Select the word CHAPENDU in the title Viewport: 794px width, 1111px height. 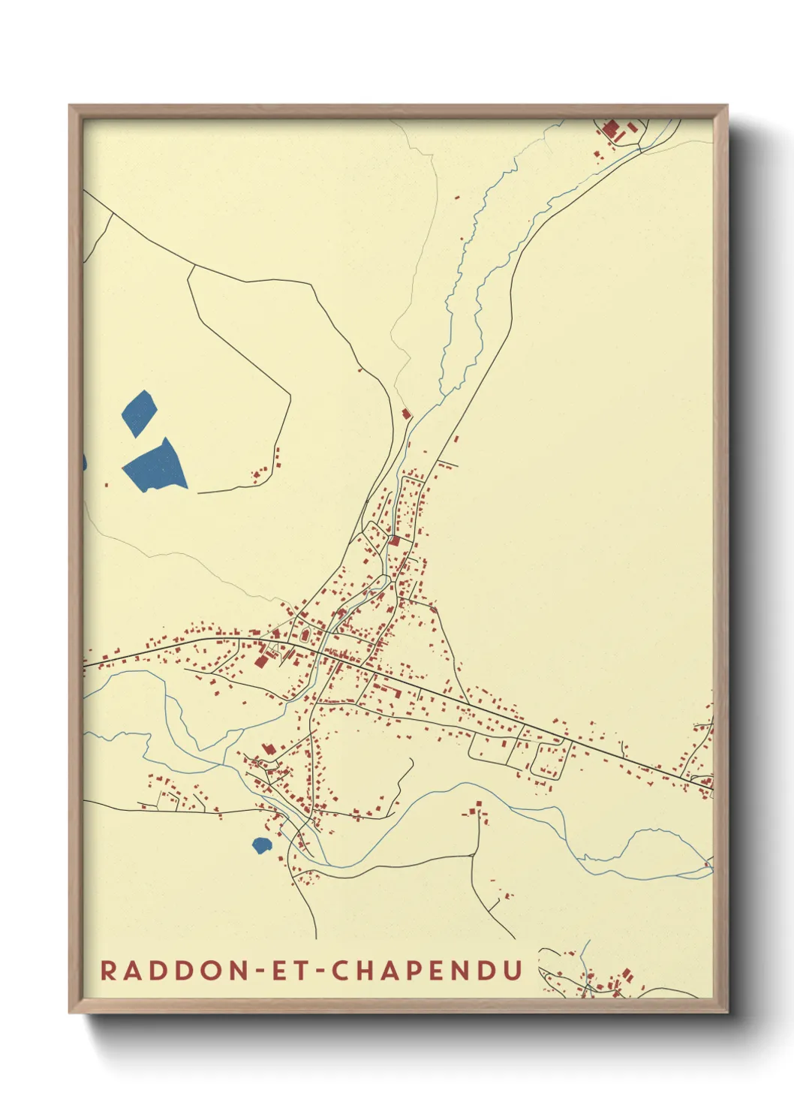pos(427,970)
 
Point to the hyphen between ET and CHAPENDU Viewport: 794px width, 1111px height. pos(316,971)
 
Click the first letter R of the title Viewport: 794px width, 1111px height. pos(109,970)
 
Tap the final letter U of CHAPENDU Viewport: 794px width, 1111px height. pos(513,970)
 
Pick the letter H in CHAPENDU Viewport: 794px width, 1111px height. pos(365,970)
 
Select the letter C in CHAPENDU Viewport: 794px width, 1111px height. pos(340,970)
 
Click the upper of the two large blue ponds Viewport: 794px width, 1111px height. pos(139,412)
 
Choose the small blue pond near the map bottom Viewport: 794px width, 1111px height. pos(260,845)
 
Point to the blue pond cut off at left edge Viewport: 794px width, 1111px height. pos(85,462)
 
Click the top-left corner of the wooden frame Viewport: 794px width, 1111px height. pos(70,106)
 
